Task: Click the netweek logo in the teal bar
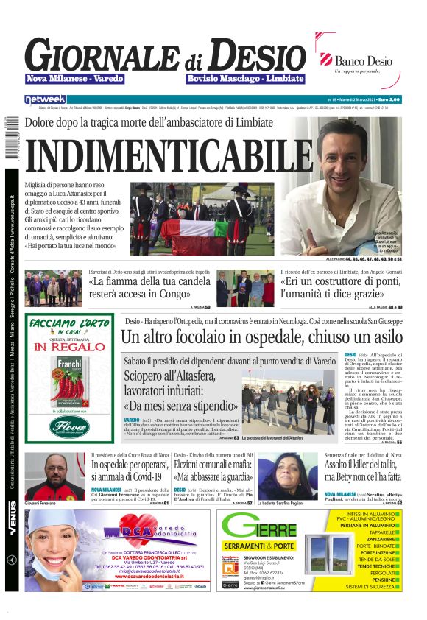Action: click(45, 99)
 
